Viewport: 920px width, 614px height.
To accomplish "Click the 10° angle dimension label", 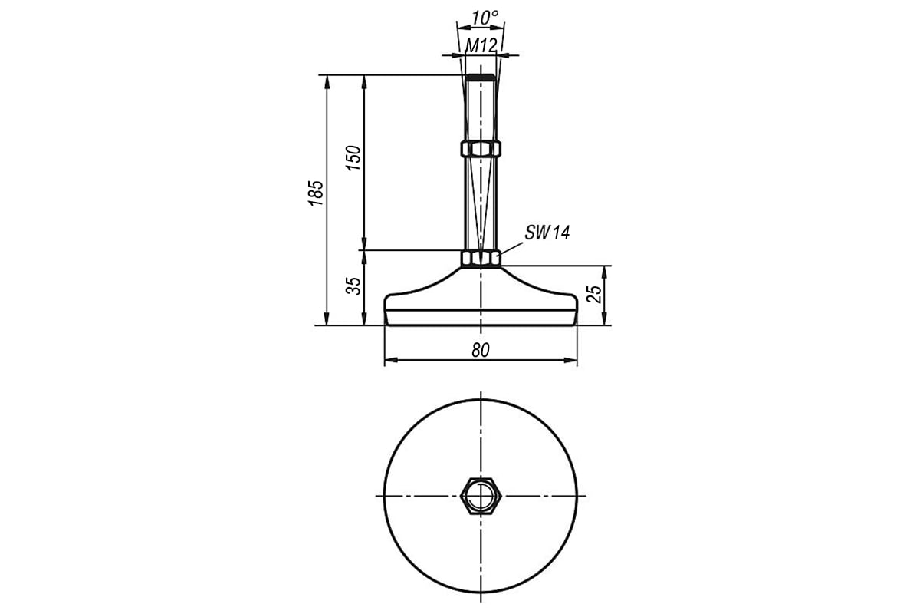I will click(485, 16).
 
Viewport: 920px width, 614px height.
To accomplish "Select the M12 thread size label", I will click(481, 45).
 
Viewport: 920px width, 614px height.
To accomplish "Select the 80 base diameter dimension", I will click(481, 350).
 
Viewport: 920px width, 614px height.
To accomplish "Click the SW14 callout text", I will click(547, 233).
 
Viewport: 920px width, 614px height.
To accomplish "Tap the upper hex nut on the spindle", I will click(481, 148).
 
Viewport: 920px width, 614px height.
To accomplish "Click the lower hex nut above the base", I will click(481, 259).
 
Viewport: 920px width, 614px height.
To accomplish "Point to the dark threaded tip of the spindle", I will click(481, 78).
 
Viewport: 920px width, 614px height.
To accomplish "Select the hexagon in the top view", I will click(481, 495).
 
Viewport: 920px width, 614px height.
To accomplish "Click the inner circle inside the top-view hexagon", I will click(481, 495).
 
